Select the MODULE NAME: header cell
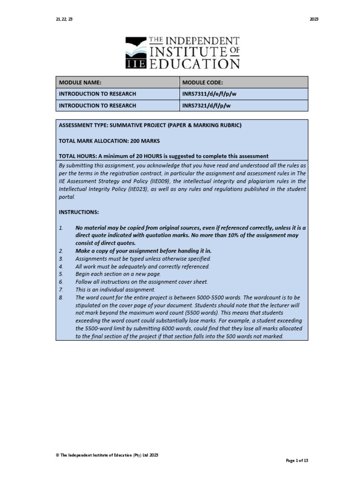[x=80, y=82]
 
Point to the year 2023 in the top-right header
[x=314, y=19]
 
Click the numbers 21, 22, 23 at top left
[x=64, y=19]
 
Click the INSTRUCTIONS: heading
[x=79, y=212]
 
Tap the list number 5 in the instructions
[x=61, y=274]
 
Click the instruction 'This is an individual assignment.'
[x=115, y=289]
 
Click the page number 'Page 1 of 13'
[x=297, y=460]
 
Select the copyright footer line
[x=107, y=455]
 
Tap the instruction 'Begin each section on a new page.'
[x=118, y=274]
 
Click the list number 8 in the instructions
[x=61, y=297]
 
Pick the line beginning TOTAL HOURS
[x=163, y=156]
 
